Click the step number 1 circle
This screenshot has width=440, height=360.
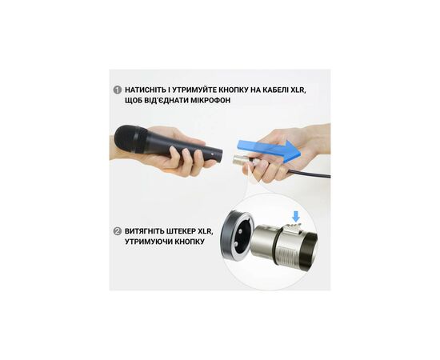[x=117, y=90]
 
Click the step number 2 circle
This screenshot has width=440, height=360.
[x=117, y=231]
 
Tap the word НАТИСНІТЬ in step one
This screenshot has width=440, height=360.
[x=146, y=90]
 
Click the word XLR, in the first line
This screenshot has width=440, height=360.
[x=296, y=90]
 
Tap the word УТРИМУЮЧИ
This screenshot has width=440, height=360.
[x=148, y=242]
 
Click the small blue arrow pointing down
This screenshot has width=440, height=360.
[x=296, y=217]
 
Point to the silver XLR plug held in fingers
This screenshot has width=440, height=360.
[x=239, y=160]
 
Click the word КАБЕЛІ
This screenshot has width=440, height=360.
[x=272, y=90]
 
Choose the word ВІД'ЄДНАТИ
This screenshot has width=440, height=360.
[x=166, y=100]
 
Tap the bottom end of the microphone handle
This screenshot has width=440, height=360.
[x=220, y=154]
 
